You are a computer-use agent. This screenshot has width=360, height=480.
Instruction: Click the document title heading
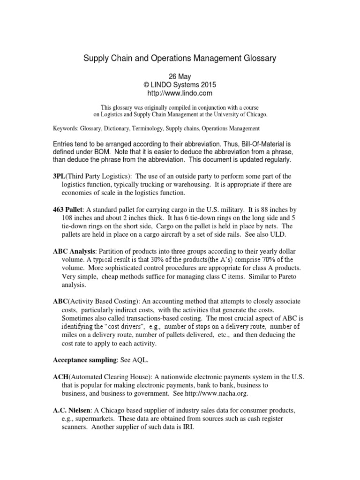[180, 59]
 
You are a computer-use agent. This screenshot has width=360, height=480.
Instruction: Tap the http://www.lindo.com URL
[180, 94]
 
